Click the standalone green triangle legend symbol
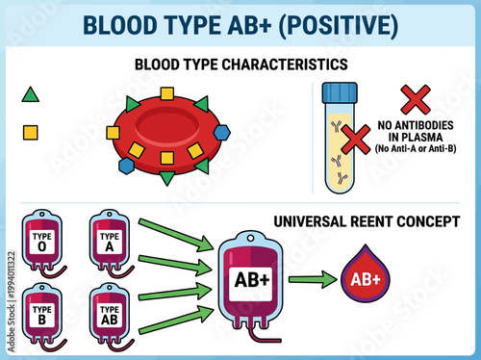(31, 95)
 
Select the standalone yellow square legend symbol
(31, 131)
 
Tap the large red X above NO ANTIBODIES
(415, 99)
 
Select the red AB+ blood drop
(364, 279)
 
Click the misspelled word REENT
(377, 220)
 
